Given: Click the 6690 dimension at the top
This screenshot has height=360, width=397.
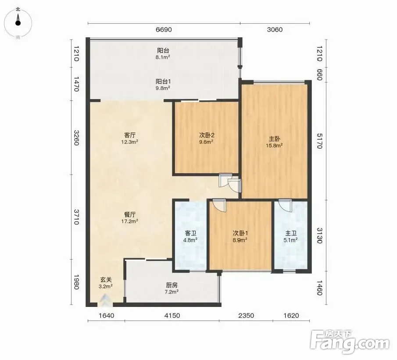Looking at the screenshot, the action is pyautogui.click(x=164, y=30).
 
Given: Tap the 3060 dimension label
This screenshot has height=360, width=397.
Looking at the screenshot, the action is pyautogui.click(x=275, y=30).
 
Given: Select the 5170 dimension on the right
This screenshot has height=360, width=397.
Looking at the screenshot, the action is pyautogui.click(x=319, y=141).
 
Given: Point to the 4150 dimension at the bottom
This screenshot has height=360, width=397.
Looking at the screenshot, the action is pyautogui.click(x=172, y=315).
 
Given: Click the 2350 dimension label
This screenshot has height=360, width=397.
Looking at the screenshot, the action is pyautogui.click(x=246, y=315).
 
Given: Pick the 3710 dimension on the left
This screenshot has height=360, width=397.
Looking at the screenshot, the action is pyautogui.click(x=76, y=217).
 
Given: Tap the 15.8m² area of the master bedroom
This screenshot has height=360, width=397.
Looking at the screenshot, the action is pyautogui.click(x=274, y=146).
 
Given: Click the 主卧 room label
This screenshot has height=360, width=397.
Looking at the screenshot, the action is pyautogui.click(x=275, y=139).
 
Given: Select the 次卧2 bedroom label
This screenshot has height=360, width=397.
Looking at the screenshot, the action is pyautogui.click(x=207, y=135).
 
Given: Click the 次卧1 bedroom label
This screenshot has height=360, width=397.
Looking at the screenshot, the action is pyautogui.click(x=240, y=233).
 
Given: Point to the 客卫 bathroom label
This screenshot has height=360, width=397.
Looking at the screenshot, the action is pyautogui.click(x=190, y=233).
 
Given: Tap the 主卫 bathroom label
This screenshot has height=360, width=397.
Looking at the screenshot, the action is pyautogui.click(x=291, y=233).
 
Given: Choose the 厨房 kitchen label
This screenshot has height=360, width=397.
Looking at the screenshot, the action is pyautogui.click(x=172, y=285).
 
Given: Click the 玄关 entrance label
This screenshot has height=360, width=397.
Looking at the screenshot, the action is pyautogui.click(x=106, y=280).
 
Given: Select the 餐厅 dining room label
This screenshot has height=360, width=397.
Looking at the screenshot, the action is pyautogui.click(x=130, y=215).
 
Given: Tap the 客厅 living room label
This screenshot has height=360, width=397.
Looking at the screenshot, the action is pyautogui.click(x=130, y=135).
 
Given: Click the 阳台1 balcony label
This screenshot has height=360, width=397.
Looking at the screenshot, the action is pyautogui.click(x=163, y=82).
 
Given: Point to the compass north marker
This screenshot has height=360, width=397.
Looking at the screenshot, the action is pyautogui.click(x=18, y=10).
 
